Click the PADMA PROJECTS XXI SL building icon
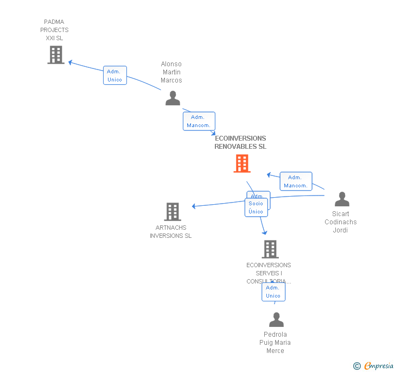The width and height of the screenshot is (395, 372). pos(56,55)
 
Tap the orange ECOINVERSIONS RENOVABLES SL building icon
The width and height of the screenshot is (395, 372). pos(242,163)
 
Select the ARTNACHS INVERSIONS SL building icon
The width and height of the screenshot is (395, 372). pos(173,212)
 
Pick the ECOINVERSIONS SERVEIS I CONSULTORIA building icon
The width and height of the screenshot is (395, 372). pos(270,249)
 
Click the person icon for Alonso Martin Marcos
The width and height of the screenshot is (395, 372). pos(173,98)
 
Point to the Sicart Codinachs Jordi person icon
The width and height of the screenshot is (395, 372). pos(342,199)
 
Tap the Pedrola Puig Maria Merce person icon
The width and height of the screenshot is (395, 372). pos(276,320)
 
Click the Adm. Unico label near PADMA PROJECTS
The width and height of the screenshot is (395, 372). pos(114,75)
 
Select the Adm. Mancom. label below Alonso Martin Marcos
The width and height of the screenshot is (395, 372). pos(199,121)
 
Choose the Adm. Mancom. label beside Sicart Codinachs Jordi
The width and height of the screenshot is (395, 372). pos(296,181)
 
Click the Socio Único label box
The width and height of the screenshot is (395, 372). pos(256,207)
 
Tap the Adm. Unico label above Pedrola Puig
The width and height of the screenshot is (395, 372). pos(273,292)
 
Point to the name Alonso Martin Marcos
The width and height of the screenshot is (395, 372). pos(171,72)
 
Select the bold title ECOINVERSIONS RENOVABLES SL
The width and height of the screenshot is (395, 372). pos(240,142)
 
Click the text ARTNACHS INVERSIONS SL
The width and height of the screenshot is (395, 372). pos(171,232)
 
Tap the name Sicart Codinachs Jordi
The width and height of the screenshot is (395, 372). pos(341,222)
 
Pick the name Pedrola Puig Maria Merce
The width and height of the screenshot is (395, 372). pos(275,343)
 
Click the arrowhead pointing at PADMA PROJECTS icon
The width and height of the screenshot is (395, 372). pos(71,62)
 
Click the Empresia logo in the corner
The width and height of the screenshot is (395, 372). pos(374,365)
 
